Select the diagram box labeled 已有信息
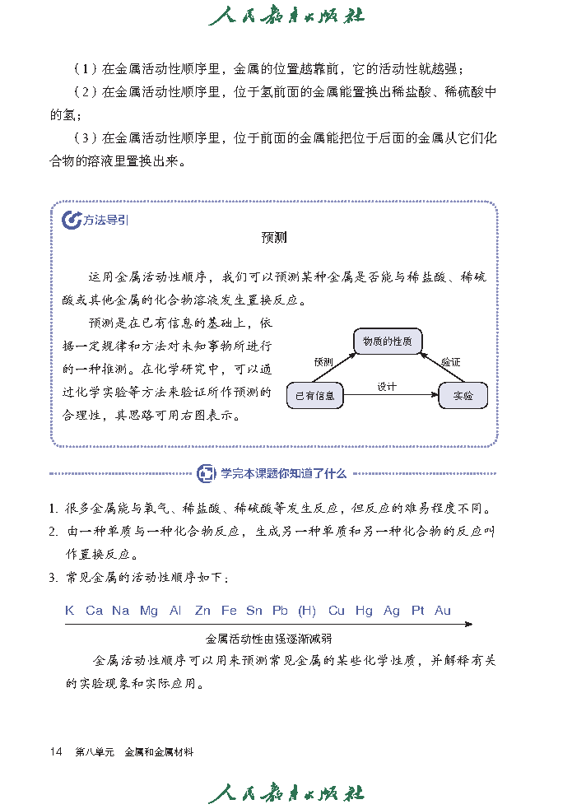314,396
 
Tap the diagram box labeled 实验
463,396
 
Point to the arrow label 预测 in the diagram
323,361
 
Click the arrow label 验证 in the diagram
449,361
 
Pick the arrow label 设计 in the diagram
387,386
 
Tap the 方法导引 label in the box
105,220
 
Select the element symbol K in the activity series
69,611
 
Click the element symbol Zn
202,611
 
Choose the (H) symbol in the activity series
307,611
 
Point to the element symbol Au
443,611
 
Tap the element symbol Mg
149,611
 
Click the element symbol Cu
337,611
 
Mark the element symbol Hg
364,611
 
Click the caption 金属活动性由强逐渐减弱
268,638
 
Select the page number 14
57,751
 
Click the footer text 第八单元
94,751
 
